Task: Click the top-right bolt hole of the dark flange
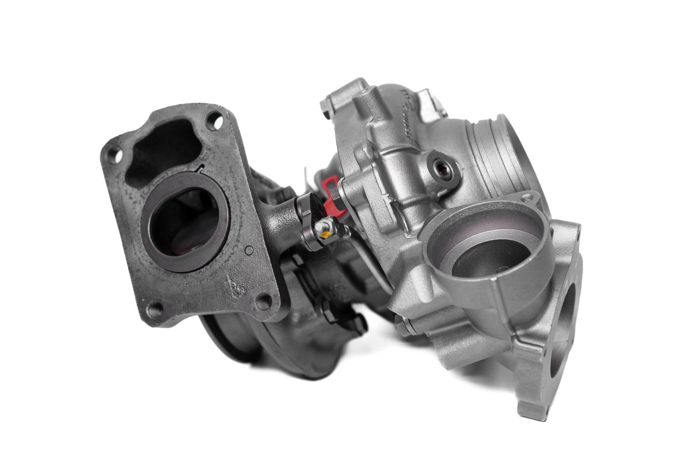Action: pos(214,121)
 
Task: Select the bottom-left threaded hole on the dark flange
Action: pos(154,310)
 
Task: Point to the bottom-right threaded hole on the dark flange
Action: pos(264,300)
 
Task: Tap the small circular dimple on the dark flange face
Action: pos(249,251)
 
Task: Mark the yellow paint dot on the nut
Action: pos(325,233)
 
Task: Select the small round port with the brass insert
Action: pos(442,168)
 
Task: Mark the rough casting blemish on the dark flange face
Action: pos(236,285)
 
